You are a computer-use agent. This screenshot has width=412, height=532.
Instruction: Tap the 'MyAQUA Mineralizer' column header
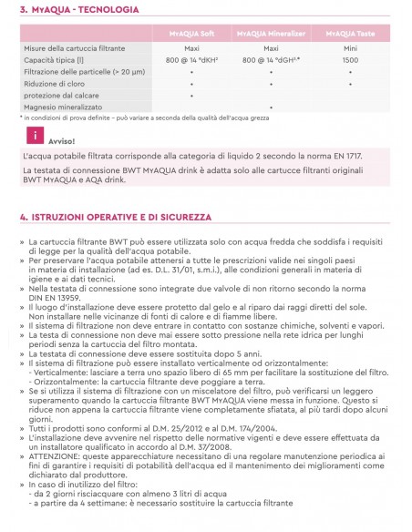(271, 33)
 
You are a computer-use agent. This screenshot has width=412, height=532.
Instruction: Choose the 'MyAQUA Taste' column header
(350, 33)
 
